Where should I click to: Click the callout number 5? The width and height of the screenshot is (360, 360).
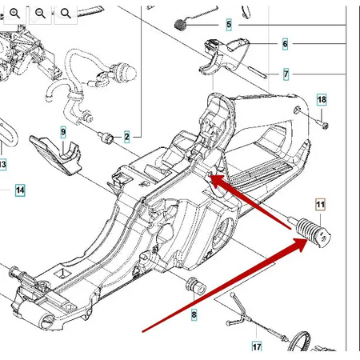point(229,25)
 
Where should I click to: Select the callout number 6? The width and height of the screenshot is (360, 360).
point(285,44)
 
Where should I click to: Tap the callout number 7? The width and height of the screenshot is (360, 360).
point(286,74)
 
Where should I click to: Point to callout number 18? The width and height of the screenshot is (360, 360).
point(322,100)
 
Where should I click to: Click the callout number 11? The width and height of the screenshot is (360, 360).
point(320,205)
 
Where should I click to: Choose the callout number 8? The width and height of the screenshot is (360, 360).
point(194,315)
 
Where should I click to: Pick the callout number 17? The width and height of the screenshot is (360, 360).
point(257,346)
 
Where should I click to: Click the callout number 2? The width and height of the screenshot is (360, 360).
point(127,137)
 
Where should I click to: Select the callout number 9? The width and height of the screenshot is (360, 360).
point(63,132)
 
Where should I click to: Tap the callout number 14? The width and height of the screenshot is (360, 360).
point(20,190)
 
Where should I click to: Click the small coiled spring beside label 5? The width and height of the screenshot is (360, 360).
point(180,25)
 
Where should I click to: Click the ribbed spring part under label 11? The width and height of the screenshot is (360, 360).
point(313,232)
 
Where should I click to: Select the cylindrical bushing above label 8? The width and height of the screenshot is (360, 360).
point(195,286)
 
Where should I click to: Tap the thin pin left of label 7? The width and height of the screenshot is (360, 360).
point(258,72)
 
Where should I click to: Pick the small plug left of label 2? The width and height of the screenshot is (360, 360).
point(106,137)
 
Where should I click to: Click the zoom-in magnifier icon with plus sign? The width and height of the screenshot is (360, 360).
point(14,13)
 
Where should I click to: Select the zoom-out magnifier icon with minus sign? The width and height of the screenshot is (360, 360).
point(40,13)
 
